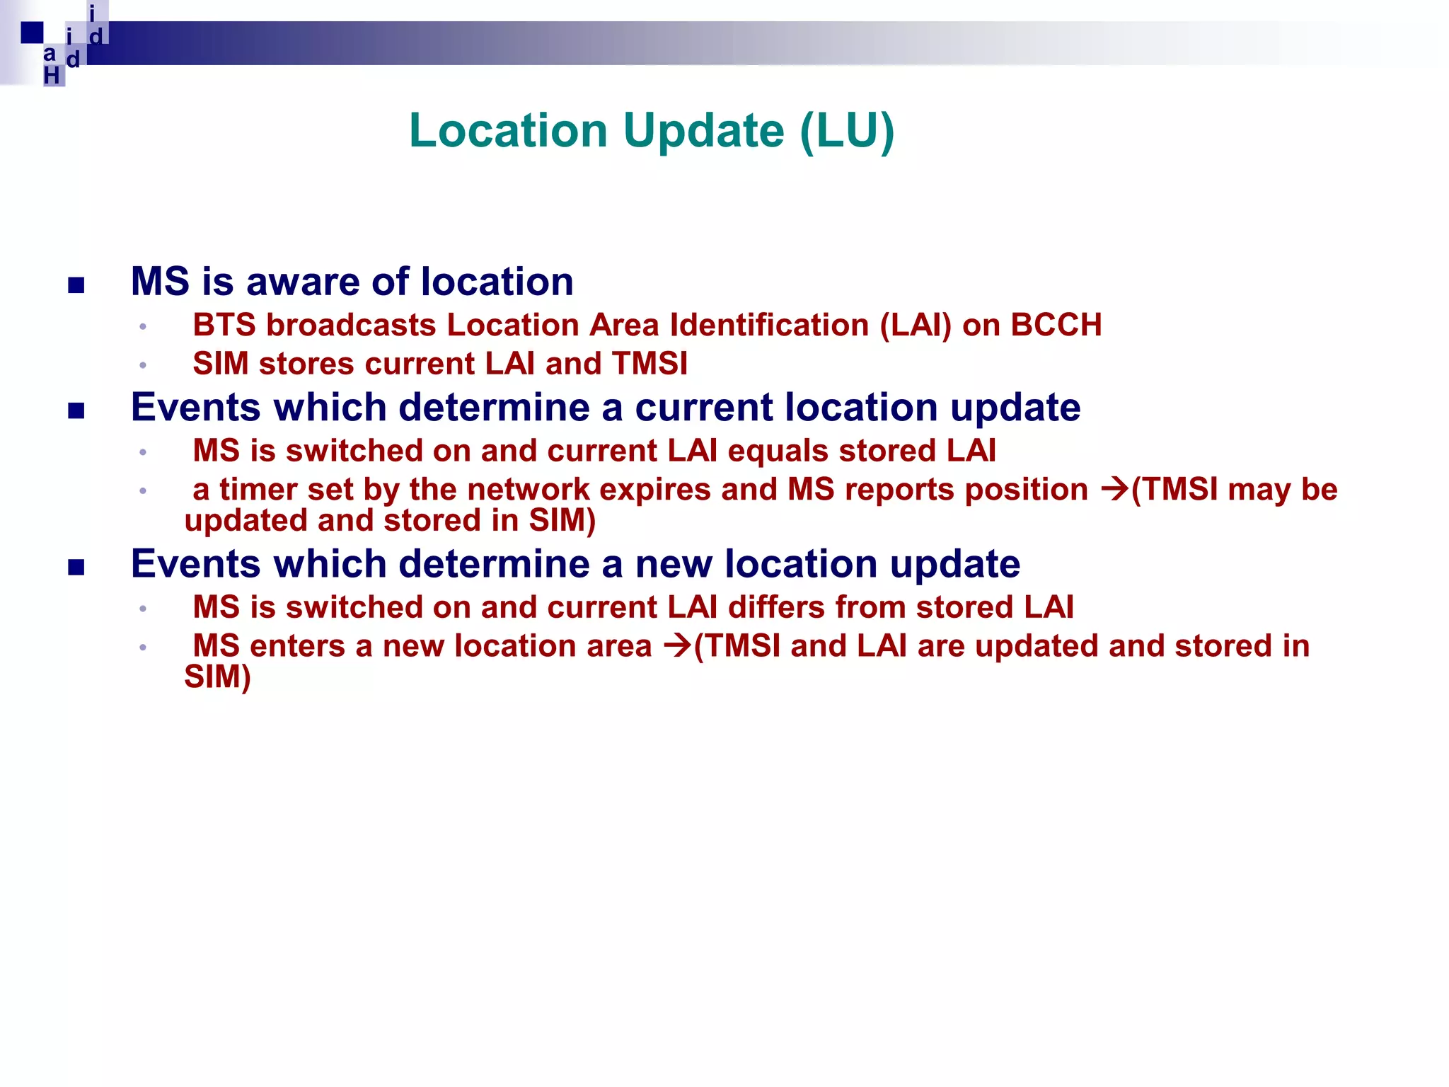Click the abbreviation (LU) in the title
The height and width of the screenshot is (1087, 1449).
pyautogui.click(x=847, y=131)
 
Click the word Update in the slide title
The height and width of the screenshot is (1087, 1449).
pyautogui.click(x=703, y=131)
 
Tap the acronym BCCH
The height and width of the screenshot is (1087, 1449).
pyautogui.click(x=1056, y=326)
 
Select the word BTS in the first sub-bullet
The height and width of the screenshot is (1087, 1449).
pyautogui.click(x=224, y=326)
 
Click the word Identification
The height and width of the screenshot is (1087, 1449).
pyautogui.click(x=770, y=326)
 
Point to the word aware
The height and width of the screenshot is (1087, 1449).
pyautogui.click(x=304, y=282)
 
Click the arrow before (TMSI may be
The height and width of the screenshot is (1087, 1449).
pyautogui.click(x=1114, y=490)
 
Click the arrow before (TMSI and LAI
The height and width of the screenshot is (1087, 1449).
pyautogui.click(x=677, y=646)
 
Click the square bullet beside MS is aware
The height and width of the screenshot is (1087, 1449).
pyautogui.click(x=76, y=285)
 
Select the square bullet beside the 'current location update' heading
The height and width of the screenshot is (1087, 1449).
pyautogui.click(x=76, y=411)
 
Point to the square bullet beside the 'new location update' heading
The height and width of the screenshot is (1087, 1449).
pyautogui.click(x=76, y=568)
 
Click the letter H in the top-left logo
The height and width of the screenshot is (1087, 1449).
pyautogui.click(x=52, y=75)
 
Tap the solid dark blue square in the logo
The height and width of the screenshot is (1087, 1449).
pyautogui.click(x=32, y=33)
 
